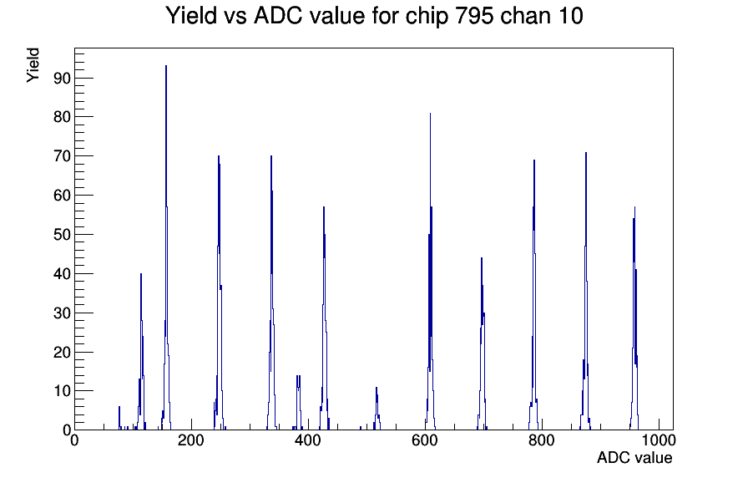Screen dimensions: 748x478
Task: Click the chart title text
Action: pyautogui.click(x=374, y=16)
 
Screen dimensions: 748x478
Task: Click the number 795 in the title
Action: pyautogui.click(x=474, y=16)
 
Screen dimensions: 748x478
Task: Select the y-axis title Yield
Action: pyautogui.click(x=33, y=65)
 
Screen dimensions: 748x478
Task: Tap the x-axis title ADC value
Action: pyautogui.click(x=634, y=457)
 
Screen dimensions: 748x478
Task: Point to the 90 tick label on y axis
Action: pyautogui.click(x=62, y=78)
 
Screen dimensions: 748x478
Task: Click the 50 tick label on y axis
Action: pyautogui.click(x=62, y=235)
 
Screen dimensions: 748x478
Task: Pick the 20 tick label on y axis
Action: pyautogui.click(x=62, y=352)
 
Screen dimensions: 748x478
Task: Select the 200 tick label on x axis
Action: pyautogui.click(x=191, y=440)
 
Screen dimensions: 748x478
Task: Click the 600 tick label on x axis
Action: pyautogui.click(x=425, y=440)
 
